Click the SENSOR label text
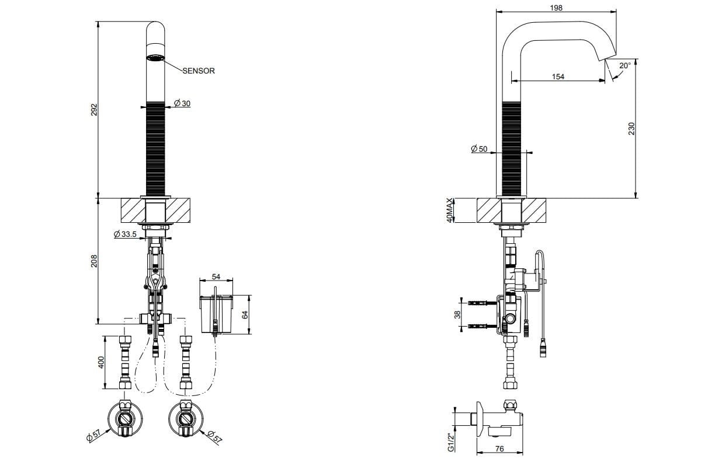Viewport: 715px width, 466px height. click(199, 71)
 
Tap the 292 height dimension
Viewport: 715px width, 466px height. click(94, 109)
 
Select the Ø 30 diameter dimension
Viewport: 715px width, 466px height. click(182, 104)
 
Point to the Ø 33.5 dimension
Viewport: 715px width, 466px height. click(126, 234)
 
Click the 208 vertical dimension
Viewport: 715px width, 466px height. click(94, 261)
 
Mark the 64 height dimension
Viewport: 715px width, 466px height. click(245, 314)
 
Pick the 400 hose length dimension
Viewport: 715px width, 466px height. click(101, 362)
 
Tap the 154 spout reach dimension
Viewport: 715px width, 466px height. click(558, 76)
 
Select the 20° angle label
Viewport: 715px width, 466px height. click(624, 66)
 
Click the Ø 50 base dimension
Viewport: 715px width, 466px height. click(479, 149)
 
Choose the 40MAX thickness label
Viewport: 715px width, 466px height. click(449, 211)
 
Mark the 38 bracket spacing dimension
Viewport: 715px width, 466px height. click(458, 314)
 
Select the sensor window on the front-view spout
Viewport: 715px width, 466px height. click(155, 58)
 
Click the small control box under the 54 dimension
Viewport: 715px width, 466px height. click(216, 316)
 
